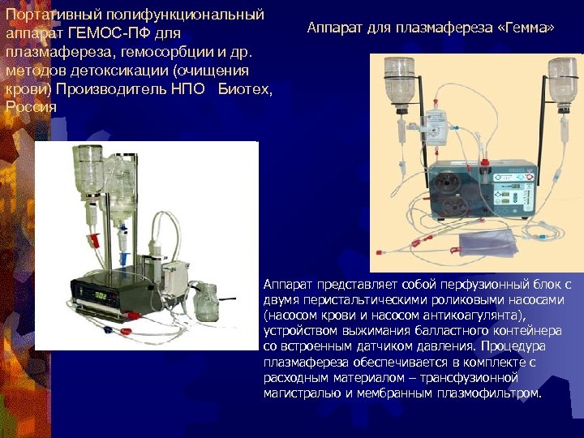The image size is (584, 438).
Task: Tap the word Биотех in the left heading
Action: (244, 88)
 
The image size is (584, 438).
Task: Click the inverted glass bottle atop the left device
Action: (88, 165)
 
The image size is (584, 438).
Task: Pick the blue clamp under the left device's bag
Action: (121, 259)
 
